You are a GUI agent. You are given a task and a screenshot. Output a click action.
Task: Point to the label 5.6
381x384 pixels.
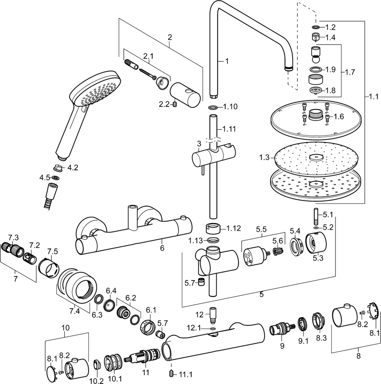pos(278,241)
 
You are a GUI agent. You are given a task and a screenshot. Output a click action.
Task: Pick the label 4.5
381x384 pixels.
pos(44,177)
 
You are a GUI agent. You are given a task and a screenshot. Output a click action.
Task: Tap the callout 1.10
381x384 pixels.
pos(230,107)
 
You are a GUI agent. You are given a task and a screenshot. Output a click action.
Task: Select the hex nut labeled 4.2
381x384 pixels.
pos(58,168)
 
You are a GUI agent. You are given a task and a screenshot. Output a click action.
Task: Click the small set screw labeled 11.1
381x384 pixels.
pos(171,373)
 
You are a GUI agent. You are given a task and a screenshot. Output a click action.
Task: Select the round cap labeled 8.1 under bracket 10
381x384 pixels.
pos(52,373)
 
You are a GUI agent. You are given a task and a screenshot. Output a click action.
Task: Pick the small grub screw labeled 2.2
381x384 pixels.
pos(175,104)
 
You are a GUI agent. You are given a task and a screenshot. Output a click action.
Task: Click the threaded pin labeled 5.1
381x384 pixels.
pos(316,216)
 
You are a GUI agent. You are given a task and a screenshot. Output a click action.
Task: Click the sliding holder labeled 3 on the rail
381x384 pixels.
pos(208,157)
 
